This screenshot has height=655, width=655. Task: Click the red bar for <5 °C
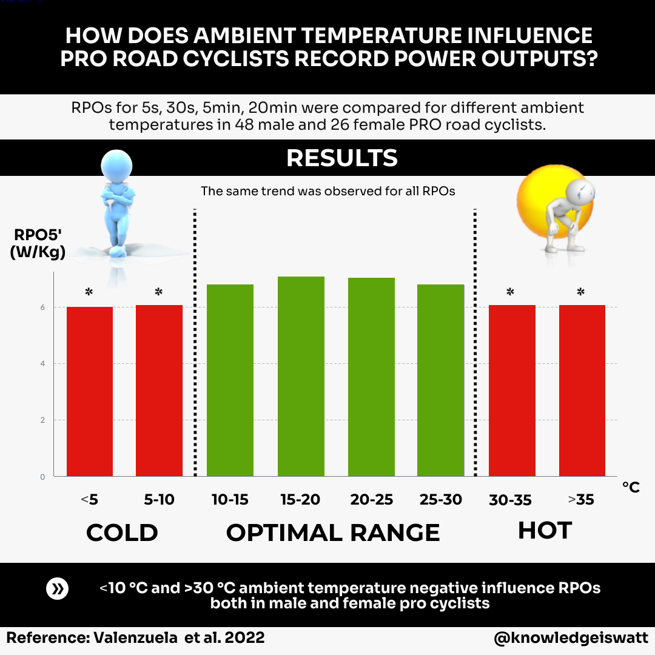pyautogui.click(x=90, y=391)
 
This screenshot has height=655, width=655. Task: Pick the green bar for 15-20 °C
pyautogui.click(x=301, y=376)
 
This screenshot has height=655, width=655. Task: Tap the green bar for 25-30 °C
pyautogui.click(x=440, y=380)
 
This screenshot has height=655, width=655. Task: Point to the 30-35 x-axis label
pyautogui.click(x=510, y=500)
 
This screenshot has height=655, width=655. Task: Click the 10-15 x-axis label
pyautogui.click(x=230, y=500)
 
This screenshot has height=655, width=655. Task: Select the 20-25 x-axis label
pyautogui.click(x=371, y=500)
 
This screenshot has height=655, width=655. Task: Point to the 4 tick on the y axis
pyautogui.click(x=43, y=364)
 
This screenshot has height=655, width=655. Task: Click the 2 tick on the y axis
pyautogui.click(x=43, y=420)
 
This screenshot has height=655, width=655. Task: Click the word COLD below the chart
pyautogui.click(x=122, y=533)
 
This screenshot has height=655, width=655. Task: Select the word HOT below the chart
pyautogui.click(x=545, y=531)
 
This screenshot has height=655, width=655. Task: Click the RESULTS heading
pyautogui.click(x=341, y=158)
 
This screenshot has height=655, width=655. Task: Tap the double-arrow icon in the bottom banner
pyautogui.click(x=58, y=589)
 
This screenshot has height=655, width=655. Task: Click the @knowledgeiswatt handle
pyautogui.click(x=570, y=638)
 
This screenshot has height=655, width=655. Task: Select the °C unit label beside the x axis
pyautogui.click(x=631, y=487)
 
